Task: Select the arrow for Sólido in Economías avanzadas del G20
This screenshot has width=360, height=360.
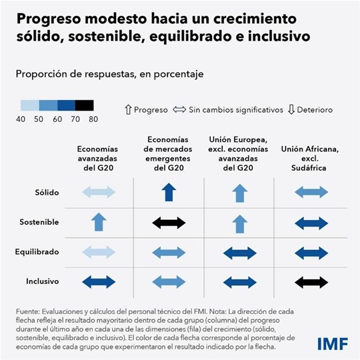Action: point(99,193)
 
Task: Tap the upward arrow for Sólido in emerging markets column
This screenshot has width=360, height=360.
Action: point(169,193)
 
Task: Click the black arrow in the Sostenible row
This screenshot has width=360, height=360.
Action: point(169,222)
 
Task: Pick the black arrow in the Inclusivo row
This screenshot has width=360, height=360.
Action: point(311,282)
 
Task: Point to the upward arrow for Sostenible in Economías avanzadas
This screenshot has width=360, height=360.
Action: point(99,221)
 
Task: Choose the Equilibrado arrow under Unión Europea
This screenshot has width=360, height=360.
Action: point(240,253)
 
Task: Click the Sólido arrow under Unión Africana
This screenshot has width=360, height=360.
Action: point(311,193)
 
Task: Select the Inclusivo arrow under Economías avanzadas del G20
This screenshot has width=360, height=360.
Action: point(99,282)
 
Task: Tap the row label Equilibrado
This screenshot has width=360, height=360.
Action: point(37,252)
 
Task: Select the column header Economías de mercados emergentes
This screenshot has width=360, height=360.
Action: point(169,153)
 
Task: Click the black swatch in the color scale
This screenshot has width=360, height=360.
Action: point(84,105)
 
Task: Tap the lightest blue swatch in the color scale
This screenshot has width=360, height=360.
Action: point(29,105)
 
